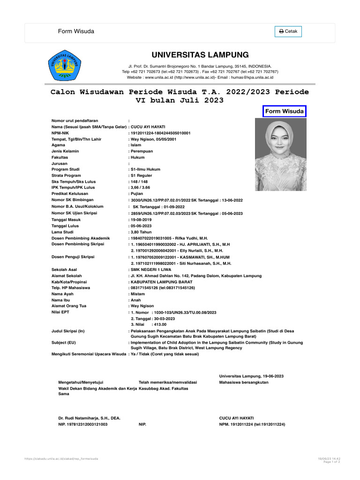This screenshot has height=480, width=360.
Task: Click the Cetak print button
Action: [288, 31]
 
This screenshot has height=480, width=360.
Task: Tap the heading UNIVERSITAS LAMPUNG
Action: [200, 55]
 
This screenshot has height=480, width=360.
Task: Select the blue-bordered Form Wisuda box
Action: [284, 111]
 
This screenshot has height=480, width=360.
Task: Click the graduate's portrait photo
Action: [281, 154]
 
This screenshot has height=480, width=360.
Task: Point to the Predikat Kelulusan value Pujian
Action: [137, 194]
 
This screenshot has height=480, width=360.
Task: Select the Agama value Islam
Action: [136, 145]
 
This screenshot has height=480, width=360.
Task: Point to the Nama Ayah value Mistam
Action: [138, 294]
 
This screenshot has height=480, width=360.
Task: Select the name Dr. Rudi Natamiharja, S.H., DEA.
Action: [89, 418]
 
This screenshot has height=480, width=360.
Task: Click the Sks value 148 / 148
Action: [140, 181]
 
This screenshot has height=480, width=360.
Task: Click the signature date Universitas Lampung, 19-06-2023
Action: [251, 376]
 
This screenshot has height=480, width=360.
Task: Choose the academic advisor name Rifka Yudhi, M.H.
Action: [192, 238]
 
